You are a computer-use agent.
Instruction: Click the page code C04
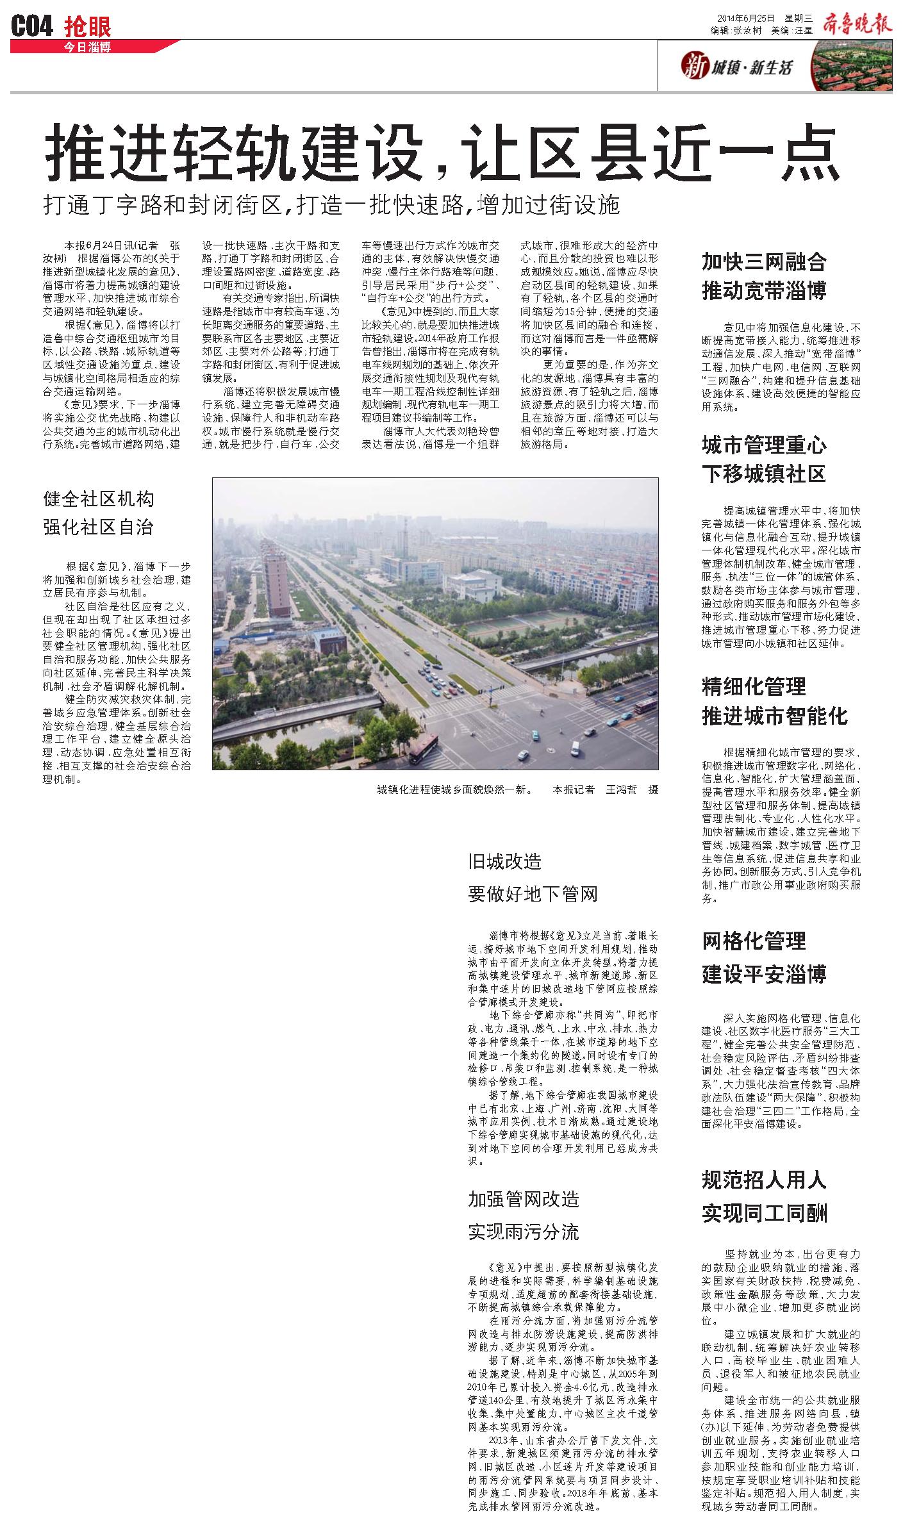[x=32, y=26]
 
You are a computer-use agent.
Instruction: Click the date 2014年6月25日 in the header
[x=745, y=18]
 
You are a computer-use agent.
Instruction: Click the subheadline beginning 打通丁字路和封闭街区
[x=331, y=205]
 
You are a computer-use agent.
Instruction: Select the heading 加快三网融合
[x=764, y=261]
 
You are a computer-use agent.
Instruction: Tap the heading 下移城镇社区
[x=764, y=474]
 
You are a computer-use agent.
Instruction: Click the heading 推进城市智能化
[x=774, y=716]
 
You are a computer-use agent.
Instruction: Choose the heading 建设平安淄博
[x=764, y=974]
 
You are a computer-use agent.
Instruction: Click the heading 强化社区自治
[x=98, y=527]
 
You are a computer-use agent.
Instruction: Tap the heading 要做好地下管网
[x=533, y=894]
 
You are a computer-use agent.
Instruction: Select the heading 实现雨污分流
[x=523, y=1232]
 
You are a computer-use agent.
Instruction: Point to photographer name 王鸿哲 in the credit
[x=621, y=789]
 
